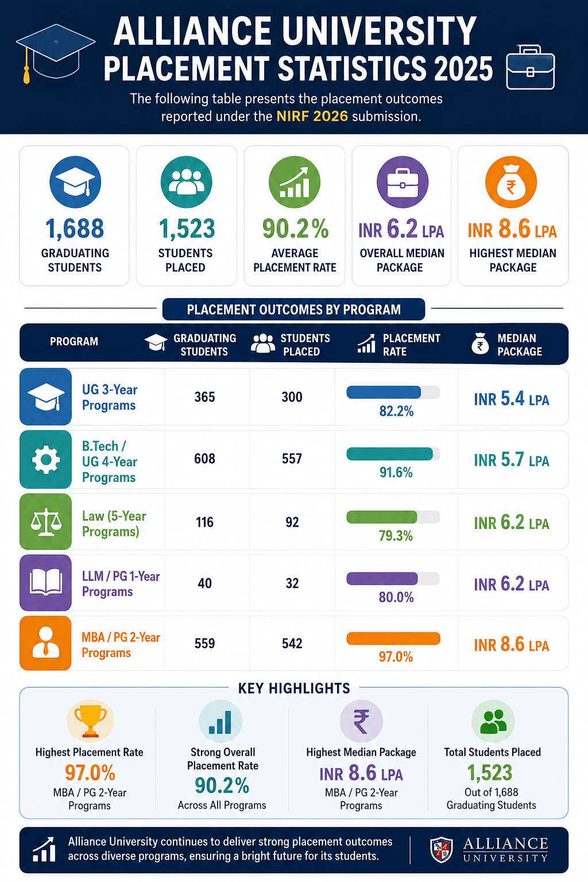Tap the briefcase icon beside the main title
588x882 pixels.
[x=531, y=67]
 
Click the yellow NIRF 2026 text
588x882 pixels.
[x=312, y=116]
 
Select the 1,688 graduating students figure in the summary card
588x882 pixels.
[x=75, y=229]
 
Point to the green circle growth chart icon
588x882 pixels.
[x=295, y=182]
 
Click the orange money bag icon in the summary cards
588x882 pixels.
[x=511, y=182]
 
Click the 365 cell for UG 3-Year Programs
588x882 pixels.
[x=205, y=397]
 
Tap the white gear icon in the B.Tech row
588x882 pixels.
[x=46, y=459]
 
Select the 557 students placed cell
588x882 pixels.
[x=292, y=459]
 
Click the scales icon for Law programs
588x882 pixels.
[x=46, y=522]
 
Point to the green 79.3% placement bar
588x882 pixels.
[x=382, y=517]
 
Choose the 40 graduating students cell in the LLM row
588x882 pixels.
[x=205, y=583]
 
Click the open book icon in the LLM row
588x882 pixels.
[x=46, y=582]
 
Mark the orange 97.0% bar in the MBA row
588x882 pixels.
[x=393, y=639]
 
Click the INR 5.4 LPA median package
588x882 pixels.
[x=511, y=399]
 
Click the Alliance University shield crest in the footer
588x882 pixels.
[x=441, y=850]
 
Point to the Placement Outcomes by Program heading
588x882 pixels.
[x=294, y=310]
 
